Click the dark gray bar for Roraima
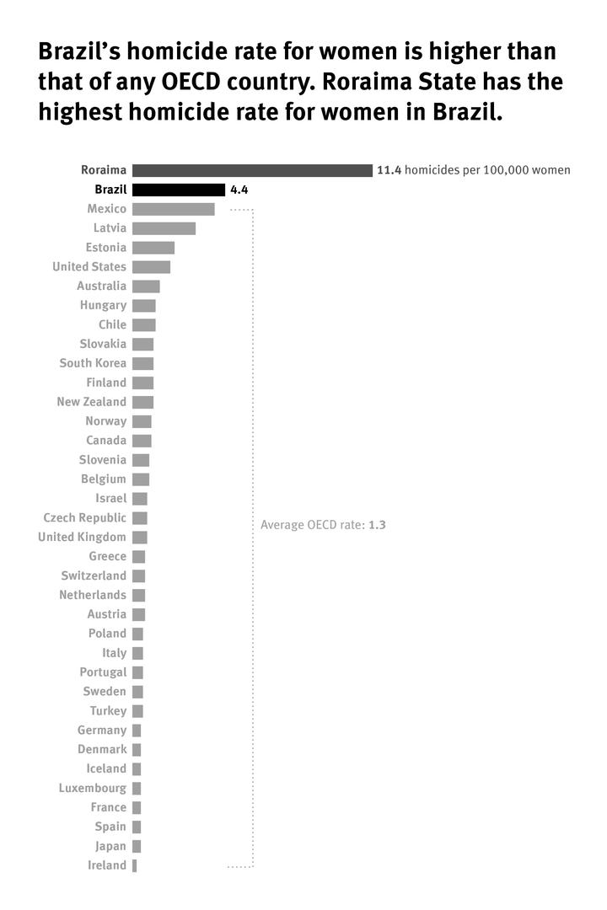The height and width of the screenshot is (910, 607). point(251,170)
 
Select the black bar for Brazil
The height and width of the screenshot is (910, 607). point(178,190)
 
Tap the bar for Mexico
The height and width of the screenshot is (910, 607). point(173,209)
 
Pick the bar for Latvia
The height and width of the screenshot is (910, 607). point(164,228)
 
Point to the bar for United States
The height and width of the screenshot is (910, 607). point(151,267)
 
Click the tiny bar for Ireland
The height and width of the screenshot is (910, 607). point(134,865)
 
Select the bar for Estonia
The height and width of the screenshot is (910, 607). point(153,248)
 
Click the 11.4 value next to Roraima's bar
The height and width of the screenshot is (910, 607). point(389,170)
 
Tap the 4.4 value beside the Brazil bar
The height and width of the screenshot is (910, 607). point(239,190)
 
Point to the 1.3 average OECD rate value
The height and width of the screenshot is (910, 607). point(377,525)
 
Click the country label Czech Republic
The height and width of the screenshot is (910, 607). point(84,517)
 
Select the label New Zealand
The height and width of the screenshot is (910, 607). point(91,402)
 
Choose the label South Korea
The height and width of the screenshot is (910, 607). point(93,363)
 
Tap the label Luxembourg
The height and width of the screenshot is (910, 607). point(92,788)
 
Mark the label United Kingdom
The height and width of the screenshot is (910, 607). point(82,537)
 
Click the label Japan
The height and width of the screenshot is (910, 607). point(110,846)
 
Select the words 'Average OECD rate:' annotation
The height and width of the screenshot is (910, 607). point(312,525)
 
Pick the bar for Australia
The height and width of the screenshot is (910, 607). point(146,286)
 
